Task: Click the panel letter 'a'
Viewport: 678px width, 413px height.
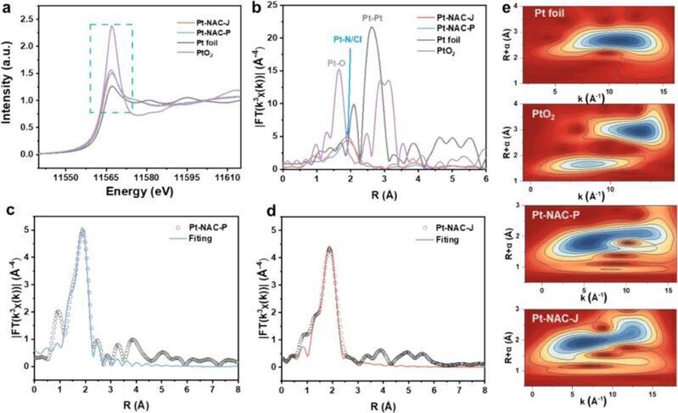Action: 8,10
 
